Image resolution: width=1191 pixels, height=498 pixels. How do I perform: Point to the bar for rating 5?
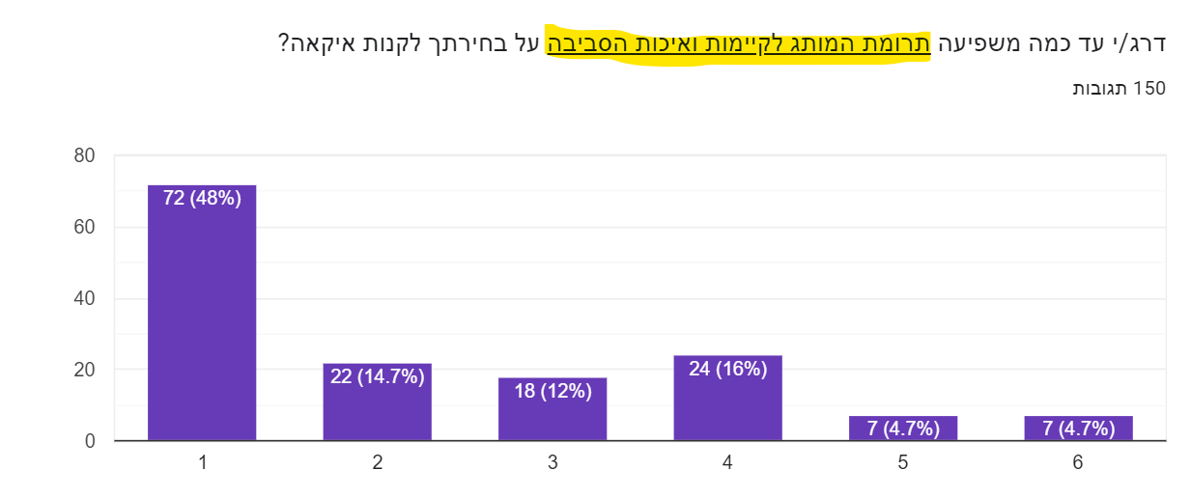pyautogui.click(x=903, y=429)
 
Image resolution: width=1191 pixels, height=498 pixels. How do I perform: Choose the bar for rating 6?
pyautogui.click(x=1078, y=429)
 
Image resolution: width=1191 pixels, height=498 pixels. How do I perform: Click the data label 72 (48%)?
pyautogui.click(x=202, y=198)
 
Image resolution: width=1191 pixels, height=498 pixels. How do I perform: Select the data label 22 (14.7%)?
pyautogui.click(x=377, y=376)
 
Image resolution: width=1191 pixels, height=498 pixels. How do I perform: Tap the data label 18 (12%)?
pyautogui.click(x=553, y=391)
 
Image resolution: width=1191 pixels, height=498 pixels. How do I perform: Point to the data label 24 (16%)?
pyautogui.click(x=727, y=369)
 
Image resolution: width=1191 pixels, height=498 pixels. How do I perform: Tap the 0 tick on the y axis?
pyautogui.click(x=90, y=441)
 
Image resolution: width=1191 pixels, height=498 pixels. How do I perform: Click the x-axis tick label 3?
pyautogui.click(x=553, y=463)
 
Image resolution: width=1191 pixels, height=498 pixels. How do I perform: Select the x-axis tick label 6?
pyautogui.click(x=1078, y=463)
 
